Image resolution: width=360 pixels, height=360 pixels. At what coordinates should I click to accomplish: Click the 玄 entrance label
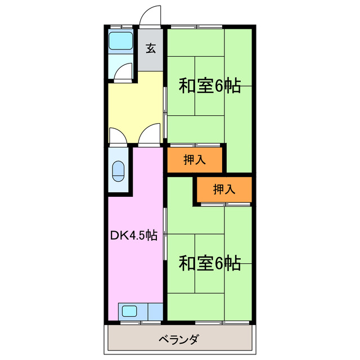click(x=151, y=48)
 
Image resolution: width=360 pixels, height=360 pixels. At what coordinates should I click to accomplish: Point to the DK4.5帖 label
click(x=133, y=236)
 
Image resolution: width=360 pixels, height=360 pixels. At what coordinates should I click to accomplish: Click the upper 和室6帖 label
click(x=210, y=86)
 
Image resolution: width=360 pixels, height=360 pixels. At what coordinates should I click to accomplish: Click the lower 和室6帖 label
click(x=210, y=263)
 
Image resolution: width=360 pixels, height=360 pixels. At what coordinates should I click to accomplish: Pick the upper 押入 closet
click(x=195, y=160)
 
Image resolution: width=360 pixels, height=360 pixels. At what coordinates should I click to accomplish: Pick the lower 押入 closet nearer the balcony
click(x=224, y=190)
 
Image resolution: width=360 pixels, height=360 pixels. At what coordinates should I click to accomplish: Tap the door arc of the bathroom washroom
click(x=124, y=72)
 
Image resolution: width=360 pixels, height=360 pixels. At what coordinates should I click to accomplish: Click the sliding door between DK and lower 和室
click(x=165, y=233)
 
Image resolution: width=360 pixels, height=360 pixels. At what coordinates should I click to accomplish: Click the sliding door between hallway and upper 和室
click(x=165, y=110)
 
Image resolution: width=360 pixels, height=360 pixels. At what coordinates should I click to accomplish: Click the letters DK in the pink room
click(x=116, y=236)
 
